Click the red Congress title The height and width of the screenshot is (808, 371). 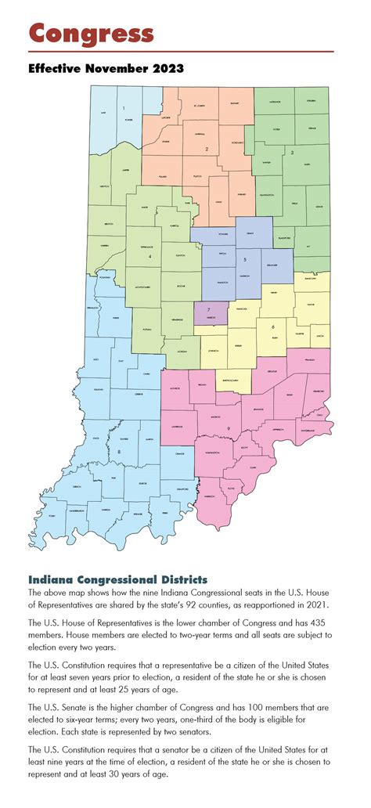(x=91, y=34)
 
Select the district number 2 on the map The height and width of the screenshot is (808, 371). (x=206, y=148)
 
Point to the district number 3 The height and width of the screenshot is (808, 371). (x=292, y=153)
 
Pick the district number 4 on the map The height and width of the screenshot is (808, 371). (x=150, y=256)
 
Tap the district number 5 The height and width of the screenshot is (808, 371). (x=245, y=258)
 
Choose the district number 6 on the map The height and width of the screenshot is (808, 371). (x=272, y=326)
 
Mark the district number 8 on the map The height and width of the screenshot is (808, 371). (x=119, y=452)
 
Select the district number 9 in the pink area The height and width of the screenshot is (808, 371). (x=227, y=428)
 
